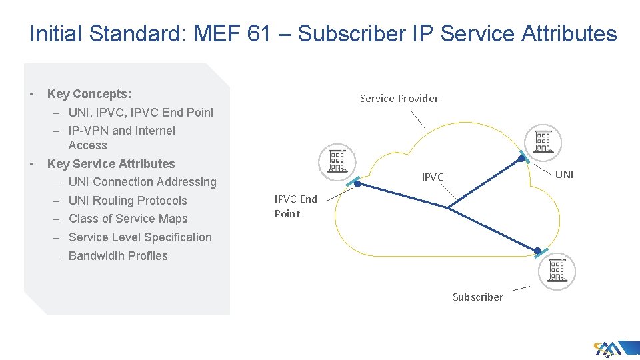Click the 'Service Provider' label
399,99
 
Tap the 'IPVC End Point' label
295,206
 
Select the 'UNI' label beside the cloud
564,175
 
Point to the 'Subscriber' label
477,297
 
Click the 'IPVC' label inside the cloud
432,177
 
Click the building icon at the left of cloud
336,161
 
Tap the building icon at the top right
543,141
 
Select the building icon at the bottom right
557,270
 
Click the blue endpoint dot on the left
357,183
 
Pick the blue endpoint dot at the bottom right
537,251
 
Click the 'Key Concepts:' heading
89,94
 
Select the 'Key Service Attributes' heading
111,164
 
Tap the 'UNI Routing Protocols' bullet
127,201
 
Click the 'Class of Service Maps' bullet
128,219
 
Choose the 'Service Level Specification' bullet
140,237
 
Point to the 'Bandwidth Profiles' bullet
118,256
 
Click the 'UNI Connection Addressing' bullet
142,182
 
